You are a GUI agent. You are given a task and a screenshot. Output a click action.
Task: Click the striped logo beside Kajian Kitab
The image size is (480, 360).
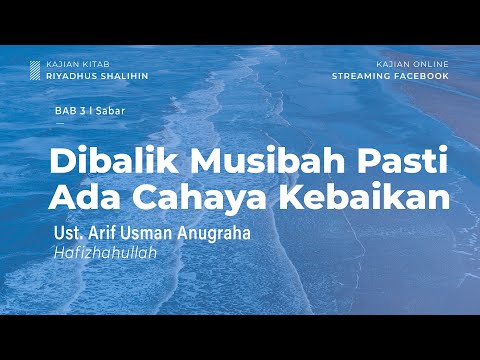pyautogui.click(x=36, y=69)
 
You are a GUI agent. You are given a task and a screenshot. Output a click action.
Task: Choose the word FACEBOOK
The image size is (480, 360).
pyautogui.click(x=422, y=74)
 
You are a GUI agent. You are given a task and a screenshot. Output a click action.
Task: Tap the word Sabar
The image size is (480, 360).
pyautogui.click(x=111, y=112)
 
